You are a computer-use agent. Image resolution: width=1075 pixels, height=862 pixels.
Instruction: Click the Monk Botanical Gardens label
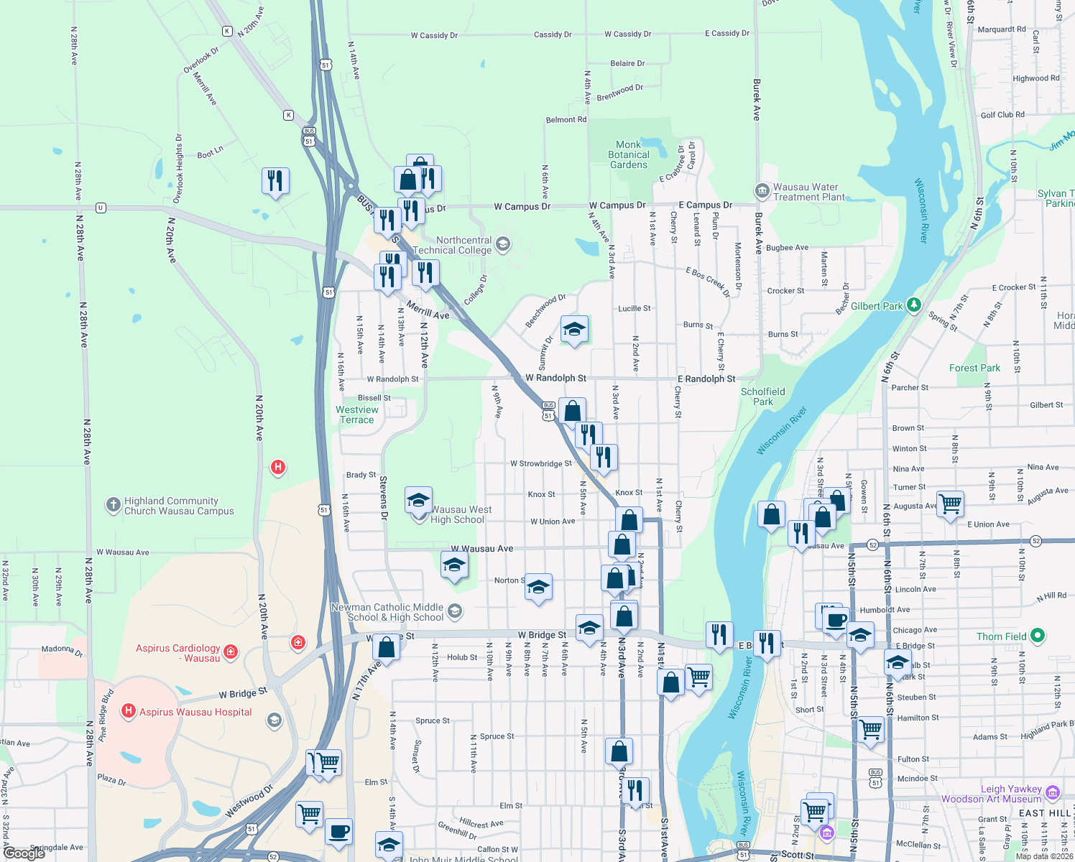click(628, 154)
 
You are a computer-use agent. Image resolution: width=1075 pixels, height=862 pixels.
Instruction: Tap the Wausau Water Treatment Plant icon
click(762, 191)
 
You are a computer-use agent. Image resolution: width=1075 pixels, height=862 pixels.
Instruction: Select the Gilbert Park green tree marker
click(913, 305)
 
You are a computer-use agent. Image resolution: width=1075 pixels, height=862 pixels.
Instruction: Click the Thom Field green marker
click(1037, 636)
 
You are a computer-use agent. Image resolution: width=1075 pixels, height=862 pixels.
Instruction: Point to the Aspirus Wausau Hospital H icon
click(129, 711)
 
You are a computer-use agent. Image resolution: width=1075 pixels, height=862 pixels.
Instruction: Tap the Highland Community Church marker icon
click(113, 505)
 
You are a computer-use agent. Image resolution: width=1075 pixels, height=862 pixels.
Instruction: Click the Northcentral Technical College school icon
click(503, 244)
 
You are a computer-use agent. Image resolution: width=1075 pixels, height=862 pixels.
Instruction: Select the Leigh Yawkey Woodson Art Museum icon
click(1053, 793)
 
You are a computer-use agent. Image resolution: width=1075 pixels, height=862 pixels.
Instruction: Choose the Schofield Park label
click(762, 397)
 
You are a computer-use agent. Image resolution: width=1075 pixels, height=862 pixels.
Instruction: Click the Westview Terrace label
click(356, 414)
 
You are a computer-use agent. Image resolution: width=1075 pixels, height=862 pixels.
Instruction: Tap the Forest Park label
click(974, 368)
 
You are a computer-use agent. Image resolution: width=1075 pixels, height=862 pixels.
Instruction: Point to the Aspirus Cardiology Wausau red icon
click(231, 652)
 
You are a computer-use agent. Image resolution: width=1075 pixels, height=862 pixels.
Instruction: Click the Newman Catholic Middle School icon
click(454, 611)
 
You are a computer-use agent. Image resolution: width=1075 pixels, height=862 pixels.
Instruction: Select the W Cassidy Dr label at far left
click(434, 35)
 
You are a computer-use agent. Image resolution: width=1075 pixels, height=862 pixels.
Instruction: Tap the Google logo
click(24, 853)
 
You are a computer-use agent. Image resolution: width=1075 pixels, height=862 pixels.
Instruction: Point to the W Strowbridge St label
click(540, 464)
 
